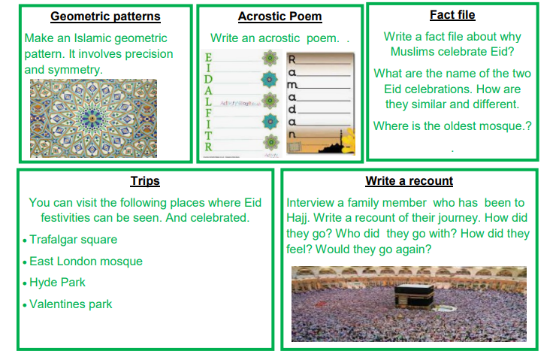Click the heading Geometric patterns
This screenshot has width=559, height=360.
(105, 17)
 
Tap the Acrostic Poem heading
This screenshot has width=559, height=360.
(279, 17)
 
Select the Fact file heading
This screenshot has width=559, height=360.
(452, 15)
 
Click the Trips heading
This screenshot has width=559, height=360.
(145, 181)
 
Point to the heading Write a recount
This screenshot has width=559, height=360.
(409, 181)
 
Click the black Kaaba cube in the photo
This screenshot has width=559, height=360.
(414, 296)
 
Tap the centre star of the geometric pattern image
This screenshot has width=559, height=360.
(92, 118)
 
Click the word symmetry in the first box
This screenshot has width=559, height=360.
(75, 70)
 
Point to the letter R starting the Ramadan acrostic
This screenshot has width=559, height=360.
(292, 59)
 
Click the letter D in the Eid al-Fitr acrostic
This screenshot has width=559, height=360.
(208, 79)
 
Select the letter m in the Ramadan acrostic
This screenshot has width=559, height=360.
(292, 85)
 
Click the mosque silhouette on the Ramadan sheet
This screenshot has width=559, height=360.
(333, 145)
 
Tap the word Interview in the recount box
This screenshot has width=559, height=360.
(310, 203)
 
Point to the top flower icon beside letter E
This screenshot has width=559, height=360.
(270, 58)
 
